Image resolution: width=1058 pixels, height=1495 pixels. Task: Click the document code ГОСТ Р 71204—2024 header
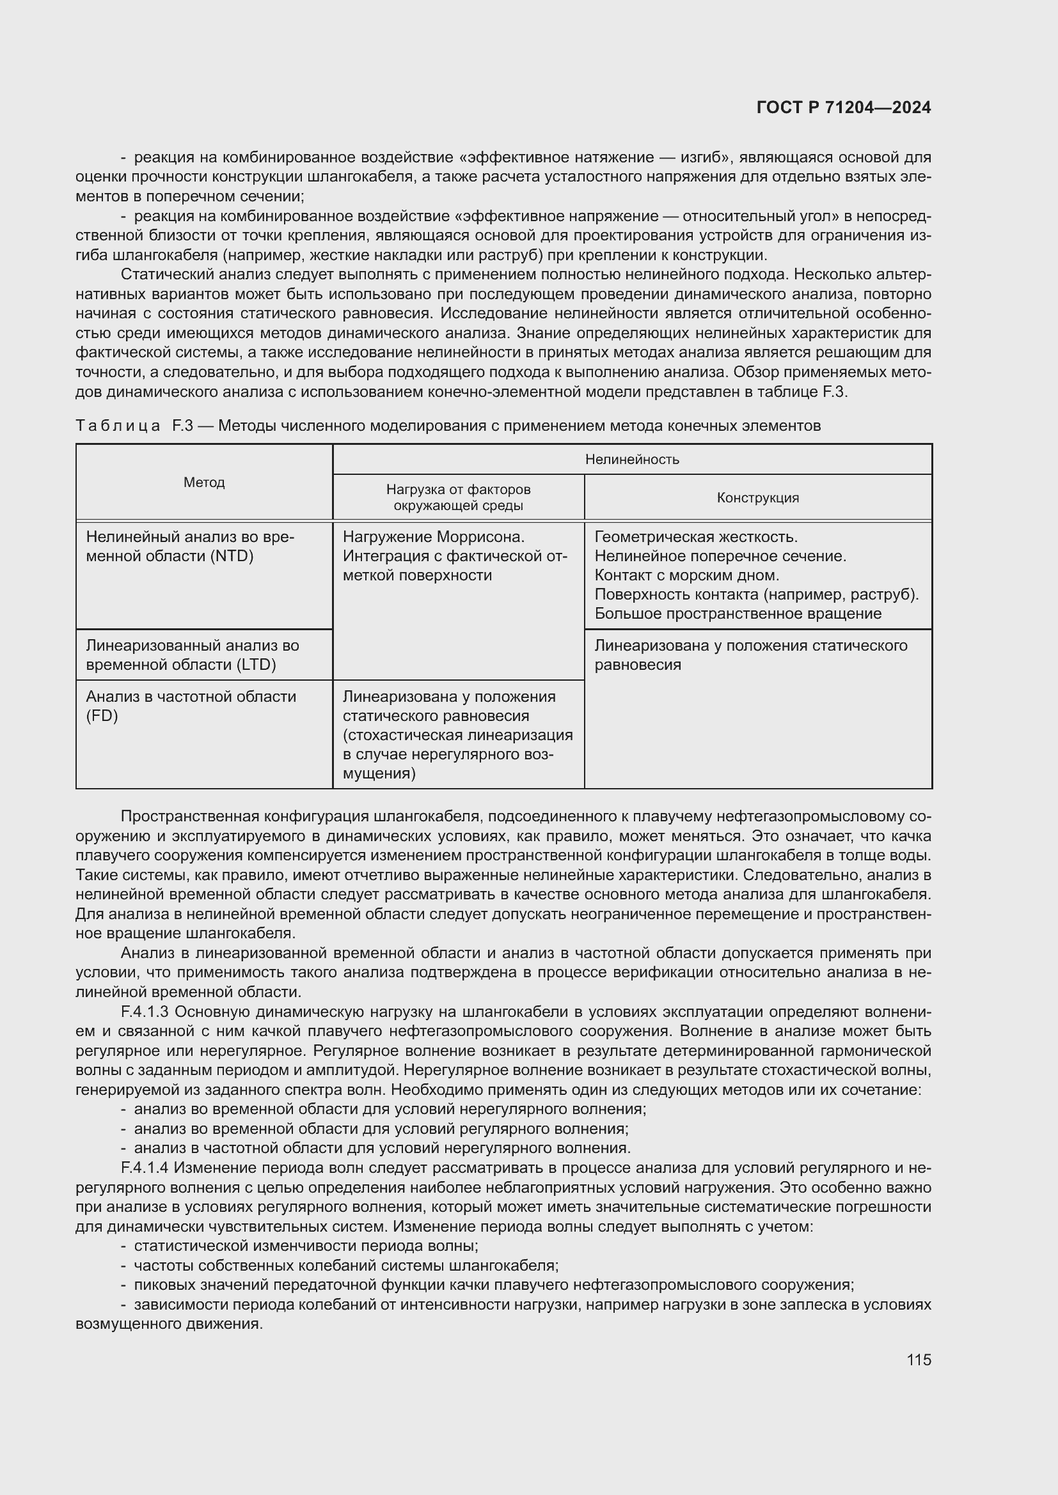pos(844,107)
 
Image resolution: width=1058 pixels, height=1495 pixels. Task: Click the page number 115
pos(919,1359)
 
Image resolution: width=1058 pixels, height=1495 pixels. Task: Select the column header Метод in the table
pos(204,483)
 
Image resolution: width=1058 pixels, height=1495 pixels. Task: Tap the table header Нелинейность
pos(631,459)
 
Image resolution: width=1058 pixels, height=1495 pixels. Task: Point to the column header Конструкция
pos(757,497)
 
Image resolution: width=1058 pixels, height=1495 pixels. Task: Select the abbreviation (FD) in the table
pos(102,717)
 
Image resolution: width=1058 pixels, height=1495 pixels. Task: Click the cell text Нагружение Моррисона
pos(433,537)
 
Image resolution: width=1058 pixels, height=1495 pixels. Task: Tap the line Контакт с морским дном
pos(686,576)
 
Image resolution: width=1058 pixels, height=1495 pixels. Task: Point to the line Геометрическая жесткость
pos(696,537)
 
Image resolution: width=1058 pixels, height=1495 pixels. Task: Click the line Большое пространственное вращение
pos(738,614)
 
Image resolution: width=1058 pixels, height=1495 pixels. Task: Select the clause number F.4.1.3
pos(145,1012)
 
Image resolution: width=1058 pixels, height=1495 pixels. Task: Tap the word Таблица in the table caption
pos(118,426)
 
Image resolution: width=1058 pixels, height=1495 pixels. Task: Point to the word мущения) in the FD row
pos(379,773)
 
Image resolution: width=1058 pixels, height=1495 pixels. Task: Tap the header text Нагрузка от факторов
pos(458,489)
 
